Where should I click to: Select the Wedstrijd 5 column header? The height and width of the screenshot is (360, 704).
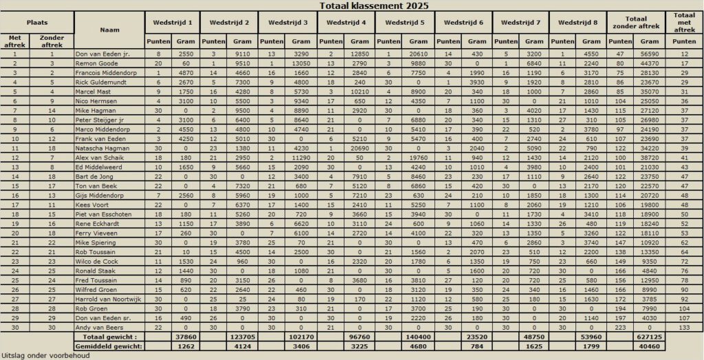pos(404,23)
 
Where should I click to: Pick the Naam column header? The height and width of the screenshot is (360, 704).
pos(109,30)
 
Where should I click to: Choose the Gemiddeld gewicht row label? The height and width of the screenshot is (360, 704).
pos(109,347)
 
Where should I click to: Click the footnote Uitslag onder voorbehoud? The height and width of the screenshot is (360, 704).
pos(41,356)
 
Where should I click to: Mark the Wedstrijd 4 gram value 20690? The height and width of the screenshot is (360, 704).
pos(360,148)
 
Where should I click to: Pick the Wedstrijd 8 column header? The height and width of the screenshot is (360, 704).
pos(577,23)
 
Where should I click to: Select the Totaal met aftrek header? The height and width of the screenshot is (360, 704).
pos(683,23)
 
